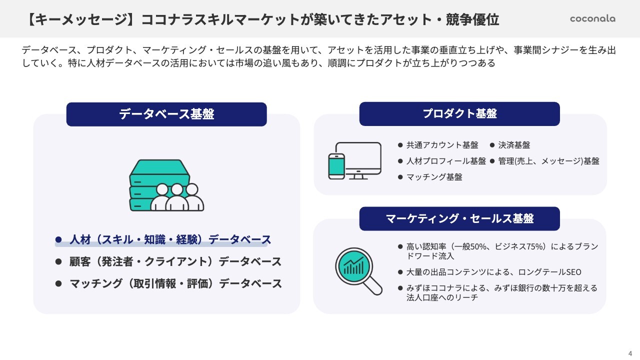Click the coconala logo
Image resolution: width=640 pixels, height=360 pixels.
tap(592, 19)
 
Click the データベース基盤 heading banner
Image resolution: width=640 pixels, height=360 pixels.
tap(166, 114)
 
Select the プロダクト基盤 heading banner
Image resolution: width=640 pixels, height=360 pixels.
tap(459, 114)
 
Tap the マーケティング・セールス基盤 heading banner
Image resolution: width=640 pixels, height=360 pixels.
tap(459, 218)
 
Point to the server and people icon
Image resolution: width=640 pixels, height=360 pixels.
tap(166, 185)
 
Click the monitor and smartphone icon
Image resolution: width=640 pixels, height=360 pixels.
tap(354, 161)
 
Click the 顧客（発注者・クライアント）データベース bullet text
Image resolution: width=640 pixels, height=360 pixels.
tap(175, 261)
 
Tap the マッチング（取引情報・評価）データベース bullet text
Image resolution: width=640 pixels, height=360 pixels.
tap(175, 283)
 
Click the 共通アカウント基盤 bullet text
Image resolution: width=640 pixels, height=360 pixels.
tap(442, 145)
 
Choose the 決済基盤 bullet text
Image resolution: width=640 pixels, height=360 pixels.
tap(514, 145)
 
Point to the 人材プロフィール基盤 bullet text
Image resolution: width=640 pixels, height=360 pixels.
tap(446, 161)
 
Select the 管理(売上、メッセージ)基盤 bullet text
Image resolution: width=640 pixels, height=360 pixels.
tap(548, 161)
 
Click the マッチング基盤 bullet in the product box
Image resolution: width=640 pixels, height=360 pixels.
tap(434, 177)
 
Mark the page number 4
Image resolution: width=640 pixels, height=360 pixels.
tap(630, 353)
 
